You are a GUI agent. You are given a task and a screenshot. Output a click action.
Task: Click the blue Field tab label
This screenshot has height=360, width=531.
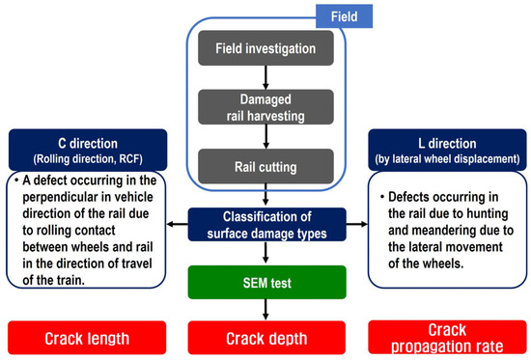pyautogui.click(x=344, y=16)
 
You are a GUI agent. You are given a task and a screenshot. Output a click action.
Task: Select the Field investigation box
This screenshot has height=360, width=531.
pyautogui.click(x=265, y=48)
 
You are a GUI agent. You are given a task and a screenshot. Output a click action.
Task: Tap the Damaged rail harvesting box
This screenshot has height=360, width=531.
pyautogui.click(x=265, y=107)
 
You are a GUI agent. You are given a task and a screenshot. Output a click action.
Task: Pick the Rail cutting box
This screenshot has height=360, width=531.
pyautogui.click(x=265, y=166)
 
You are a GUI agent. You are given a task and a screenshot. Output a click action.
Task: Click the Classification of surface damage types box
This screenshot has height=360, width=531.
pyautogui.click(x=266, y=225)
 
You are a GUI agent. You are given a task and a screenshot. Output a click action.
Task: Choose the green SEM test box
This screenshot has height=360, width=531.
pyautogui.click(x=266, y=283)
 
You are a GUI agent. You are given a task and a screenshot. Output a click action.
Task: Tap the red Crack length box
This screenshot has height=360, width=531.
pyautogui.click(x=87, y=338)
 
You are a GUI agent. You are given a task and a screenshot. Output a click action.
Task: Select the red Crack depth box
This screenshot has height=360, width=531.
pyautogui.click(x=266, y=338)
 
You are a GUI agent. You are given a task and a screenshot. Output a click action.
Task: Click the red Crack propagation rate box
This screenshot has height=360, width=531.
pyautogui.click(x=447, y=338)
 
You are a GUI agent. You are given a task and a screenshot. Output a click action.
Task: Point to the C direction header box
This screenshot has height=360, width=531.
pyautogui.click(x=88, y=150)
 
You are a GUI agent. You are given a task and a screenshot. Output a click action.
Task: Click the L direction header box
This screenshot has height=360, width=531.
pyautogui.click(x=447, y=150)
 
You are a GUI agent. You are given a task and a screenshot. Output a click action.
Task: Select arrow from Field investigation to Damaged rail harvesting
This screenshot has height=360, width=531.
pyautogui.click(x=265, y=77)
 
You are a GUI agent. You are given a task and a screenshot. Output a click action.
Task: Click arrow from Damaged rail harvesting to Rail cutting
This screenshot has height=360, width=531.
pyautogui.click(x=265, y=136)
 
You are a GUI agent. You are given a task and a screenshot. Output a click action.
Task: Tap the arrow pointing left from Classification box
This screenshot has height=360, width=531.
pyautogui.click(x=177, y=224)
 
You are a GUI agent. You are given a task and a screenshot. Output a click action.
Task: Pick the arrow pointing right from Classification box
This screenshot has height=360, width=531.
pyautogui.click(x=357, y=224)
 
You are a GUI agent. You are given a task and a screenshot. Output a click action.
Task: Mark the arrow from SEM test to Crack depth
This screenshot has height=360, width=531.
pyautogui.click(x=265, y=310)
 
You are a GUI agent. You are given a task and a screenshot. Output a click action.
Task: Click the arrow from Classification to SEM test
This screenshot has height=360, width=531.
pyautogui.click(x=265, y=252)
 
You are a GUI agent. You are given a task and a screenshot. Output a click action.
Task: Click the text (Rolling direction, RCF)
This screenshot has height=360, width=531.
pyautogui.click(x=88, y=159)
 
